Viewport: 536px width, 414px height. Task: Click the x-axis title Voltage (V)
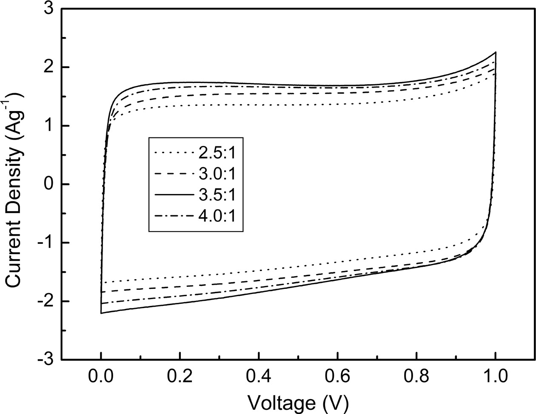click(298, 402)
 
